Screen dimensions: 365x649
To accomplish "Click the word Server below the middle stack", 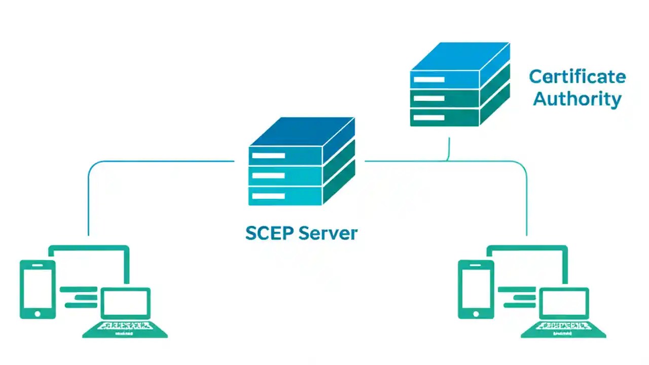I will click(328, 233).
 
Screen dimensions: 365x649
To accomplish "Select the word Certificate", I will click(577, 77).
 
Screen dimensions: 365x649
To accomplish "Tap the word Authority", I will click(577, 99).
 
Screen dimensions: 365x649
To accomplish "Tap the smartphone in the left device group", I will click(37, 289).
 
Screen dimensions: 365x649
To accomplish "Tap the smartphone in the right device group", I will click(476, 289).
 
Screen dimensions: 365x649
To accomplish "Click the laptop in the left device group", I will click(125, 312).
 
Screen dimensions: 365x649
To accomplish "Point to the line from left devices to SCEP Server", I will click(152, 162).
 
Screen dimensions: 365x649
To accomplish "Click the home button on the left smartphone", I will click(37, 314).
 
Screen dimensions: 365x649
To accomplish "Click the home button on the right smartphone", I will click(476, 314).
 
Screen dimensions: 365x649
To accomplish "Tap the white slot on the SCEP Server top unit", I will click(268, 155).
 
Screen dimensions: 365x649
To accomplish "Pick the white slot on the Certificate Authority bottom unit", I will click(428, 118).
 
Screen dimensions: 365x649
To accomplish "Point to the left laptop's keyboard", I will click(125, 327).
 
